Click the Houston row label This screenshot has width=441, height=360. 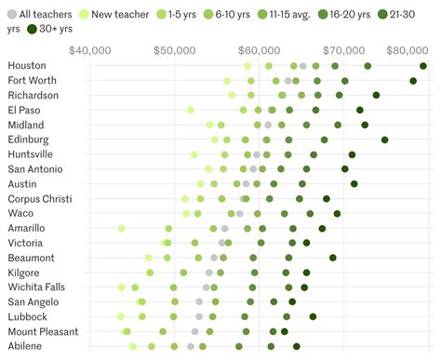[x=27, y=66]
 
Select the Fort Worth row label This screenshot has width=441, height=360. [x=33, y=81]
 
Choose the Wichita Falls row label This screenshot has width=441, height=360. [x=38, y=287]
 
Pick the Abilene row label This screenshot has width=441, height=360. [x=26, y=346]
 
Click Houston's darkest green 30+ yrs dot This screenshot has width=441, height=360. [x=423, y=66]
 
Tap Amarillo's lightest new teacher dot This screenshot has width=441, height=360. [x=121, y=228]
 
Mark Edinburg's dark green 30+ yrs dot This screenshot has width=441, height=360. [x=384, y=140]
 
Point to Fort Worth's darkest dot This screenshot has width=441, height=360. [x=413, y=81]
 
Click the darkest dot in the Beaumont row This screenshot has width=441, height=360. [x=332, y=258]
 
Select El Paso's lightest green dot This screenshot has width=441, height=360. [x=191, y=110]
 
